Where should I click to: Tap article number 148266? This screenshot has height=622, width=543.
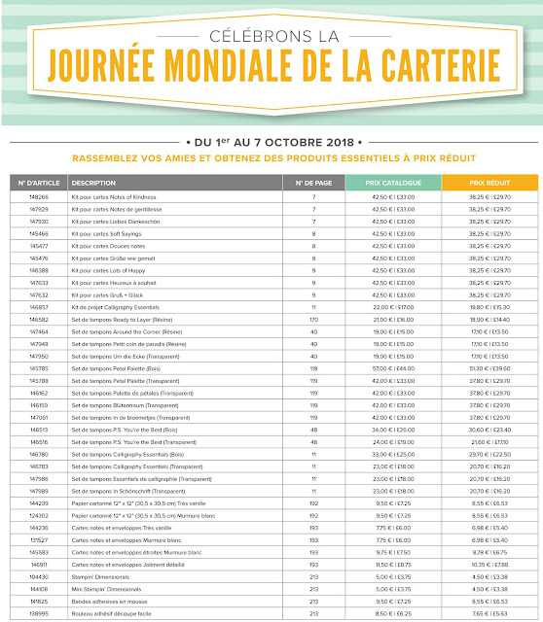(39, 198)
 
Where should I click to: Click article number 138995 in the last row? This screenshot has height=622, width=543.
(39, 615)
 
